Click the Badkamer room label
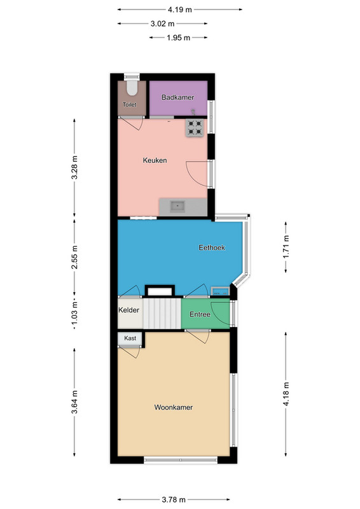(177, 97)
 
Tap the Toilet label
(130, 104)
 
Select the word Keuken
(155, 160)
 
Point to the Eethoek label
(212, 248)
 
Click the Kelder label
(128, 310)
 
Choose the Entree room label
(200, 314)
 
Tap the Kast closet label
(130, 338)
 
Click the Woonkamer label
(174, 407)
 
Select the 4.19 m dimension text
(180, 10)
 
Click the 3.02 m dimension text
(162, 24)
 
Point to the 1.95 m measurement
(178, 38)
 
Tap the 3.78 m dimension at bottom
(174, 499)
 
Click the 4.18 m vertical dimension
(286, 394)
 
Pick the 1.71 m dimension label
(286, 247)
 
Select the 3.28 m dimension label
(74, 167)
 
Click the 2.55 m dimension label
(74, 257)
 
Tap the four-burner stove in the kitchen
(195, 127)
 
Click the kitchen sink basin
(177, 206)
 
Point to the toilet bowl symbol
(132, 87)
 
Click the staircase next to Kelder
(162, 314)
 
